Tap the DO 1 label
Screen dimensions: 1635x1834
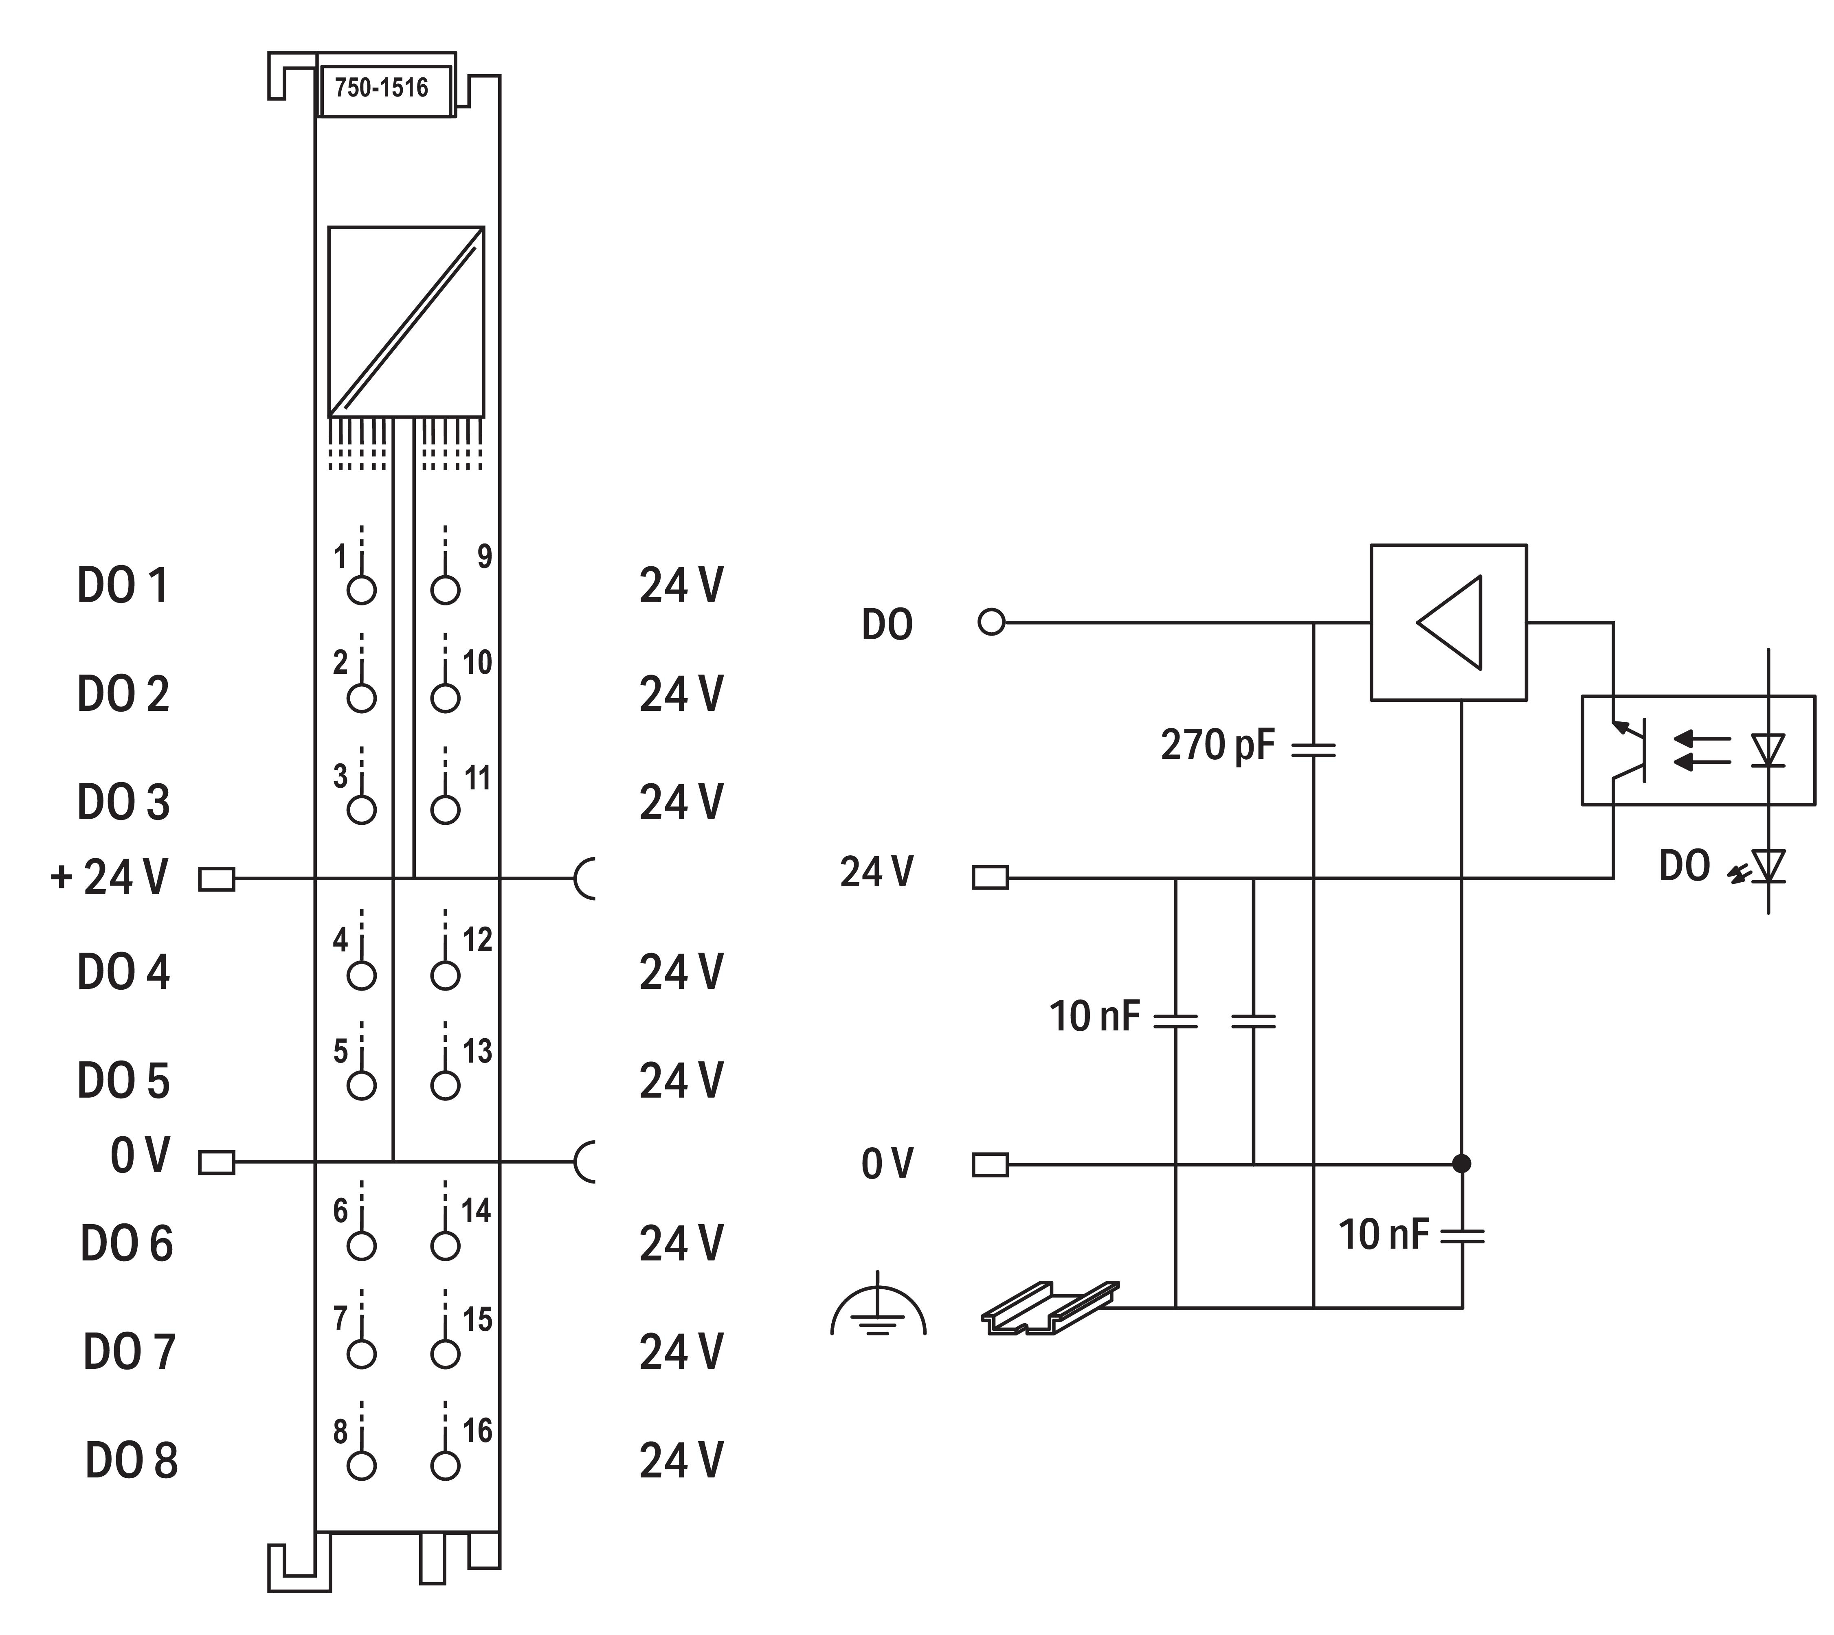123,586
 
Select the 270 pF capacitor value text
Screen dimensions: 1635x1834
1217,745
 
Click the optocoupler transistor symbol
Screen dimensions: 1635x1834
1631,750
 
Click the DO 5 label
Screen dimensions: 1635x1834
123,1081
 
